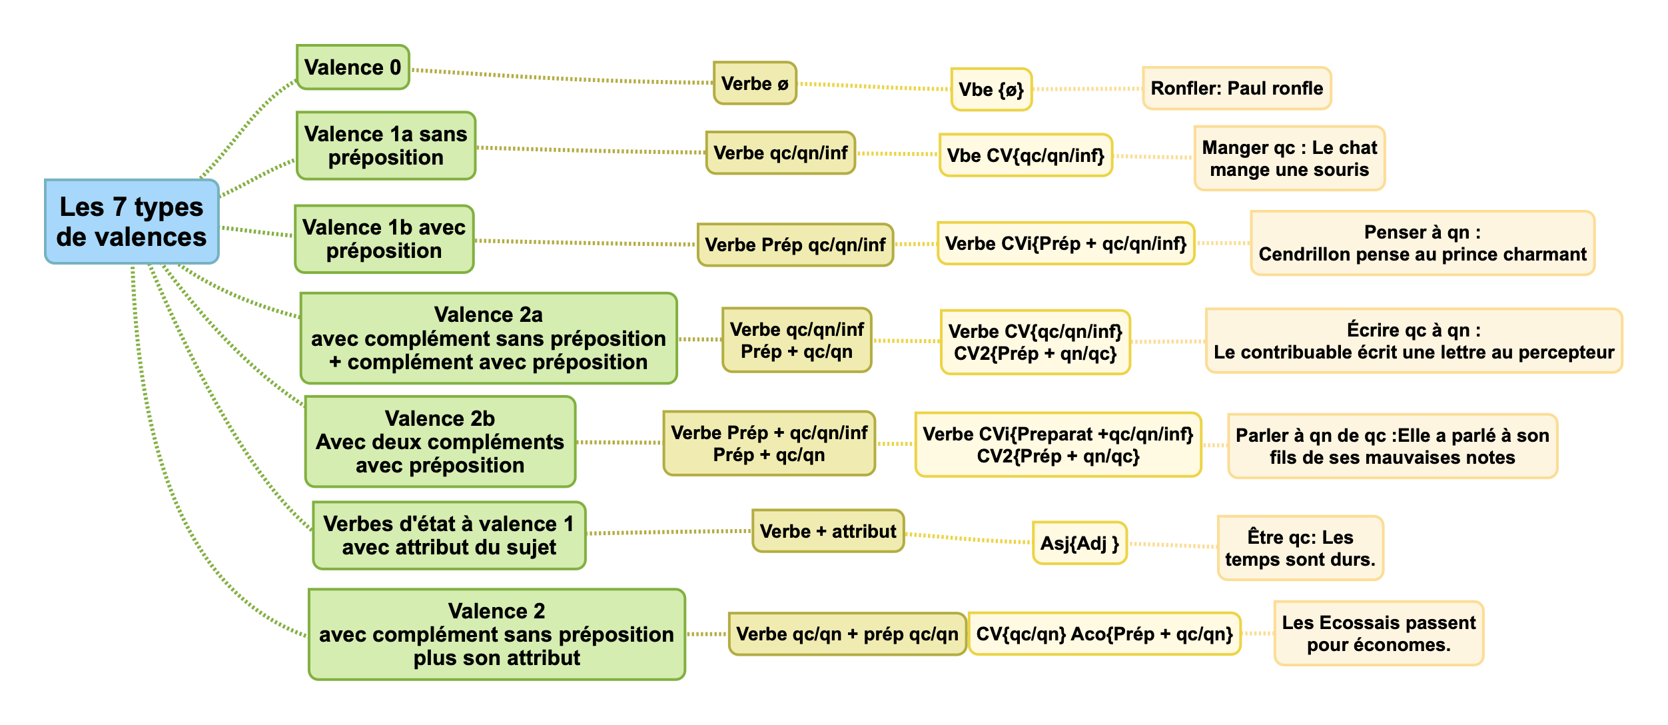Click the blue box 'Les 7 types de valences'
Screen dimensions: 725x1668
click(x=131, y=222)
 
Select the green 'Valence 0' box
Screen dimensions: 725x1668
click(x=352, y=67)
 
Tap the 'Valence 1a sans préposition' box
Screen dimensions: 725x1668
click(x=386, y=146)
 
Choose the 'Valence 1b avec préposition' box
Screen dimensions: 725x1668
click(x=384, y=239)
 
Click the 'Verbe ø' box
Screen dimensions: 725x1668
click(x=755, y=84)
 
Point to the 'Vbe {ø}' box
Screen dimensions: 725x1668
click(x=991, y=89)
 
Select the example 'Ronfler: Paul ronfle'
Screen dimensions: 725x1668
click(x=1236, y=88)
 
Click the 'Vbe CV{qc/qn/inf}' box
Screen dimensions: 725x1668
click(x=1025, y=155)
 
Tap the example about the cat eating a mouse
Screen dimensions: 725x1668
click(x=1289, y=159)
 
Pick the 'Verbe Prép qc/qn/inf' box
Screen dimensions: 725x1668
click(x=795, y=245)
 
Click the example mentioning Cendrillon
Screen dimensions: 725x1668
click(x=1422, y=243)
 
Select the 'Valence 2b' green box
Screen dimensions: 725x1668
click(x=440, y=442)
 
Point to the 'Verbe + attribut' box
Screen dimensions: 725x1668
click(x=827, y=531)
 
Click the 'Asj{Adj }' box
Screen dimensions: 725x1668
click(x=1079, y=543)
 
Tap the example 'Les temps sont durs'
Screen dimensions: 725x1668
click(x=1300, y=548)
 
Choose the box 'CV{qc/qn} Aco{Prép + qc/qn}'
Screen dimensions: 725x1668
click(x=1104, y=634)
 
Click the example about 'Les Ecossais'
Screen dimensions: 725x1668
click(x=1378, y=633)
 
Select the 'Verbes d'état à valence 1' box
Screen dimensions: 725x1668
click(x=448, y=536)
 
